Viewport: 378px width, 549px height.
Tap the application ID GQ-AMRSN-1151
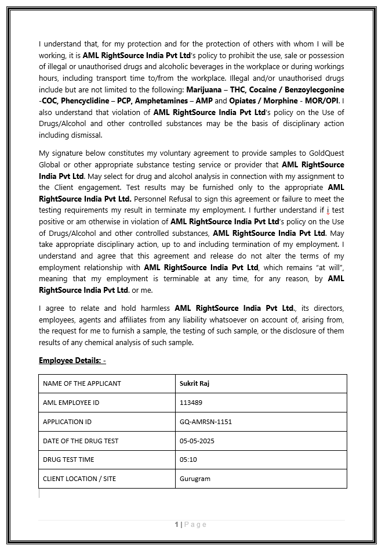pyautogui.click(x=206, y=422)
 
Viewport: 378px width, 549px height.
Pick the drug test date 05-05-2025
pyautogui.click(x=197, y=441)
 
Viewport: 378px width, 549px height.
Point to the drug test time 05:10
pyautogui.click(x=188, y=460)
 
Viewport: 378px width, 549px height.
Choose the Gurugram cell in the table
pyautogui.click(x=195, y=479)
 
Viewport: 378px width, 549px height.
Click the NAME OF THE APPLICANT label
pyautogui.click(x=82, y=383)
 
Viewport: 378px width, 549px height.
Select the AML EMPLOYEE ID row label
pyautogui.click(x=71, y=403)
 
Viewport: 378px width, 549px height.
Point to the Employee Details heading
pyautogui.click(x=72, y=360)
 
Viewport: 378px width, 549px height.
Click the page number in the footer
pyautogui.click(x=177, y=525)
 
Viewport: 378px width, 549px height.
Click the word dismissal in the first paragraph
pyautogui.click(x=86, y=135)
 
